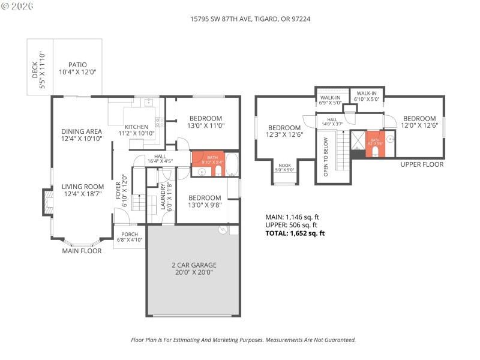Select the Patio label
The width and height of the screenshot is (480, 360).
point(77,68)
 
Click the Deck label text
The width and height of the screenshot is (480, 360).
point(38,67)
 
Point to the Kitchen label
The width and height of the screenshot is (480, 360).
point(136,130)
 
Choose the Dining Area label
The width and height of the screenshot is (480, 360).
point(82,134)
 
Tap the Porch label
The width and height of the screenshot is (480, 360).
point(130,237)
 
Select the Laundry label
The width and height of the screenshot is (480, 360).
point(166,197)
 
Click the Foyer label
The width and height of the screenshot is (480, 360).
point(122,190)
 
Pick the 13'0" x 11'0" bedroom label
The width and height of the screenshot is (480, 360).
point(206,122)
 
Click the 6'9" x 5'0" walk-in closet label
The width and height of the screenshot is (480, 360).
point(331,100)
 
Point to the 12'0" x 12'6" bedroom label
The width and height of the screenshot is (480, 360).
point(419,122)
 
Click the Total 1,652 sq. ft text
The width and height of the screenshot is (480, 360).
point(295,233)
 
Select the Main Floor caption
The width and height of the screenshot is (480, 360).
point(82,251)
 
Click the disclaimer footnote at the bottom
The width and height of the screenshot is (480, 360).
point(243,340)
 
